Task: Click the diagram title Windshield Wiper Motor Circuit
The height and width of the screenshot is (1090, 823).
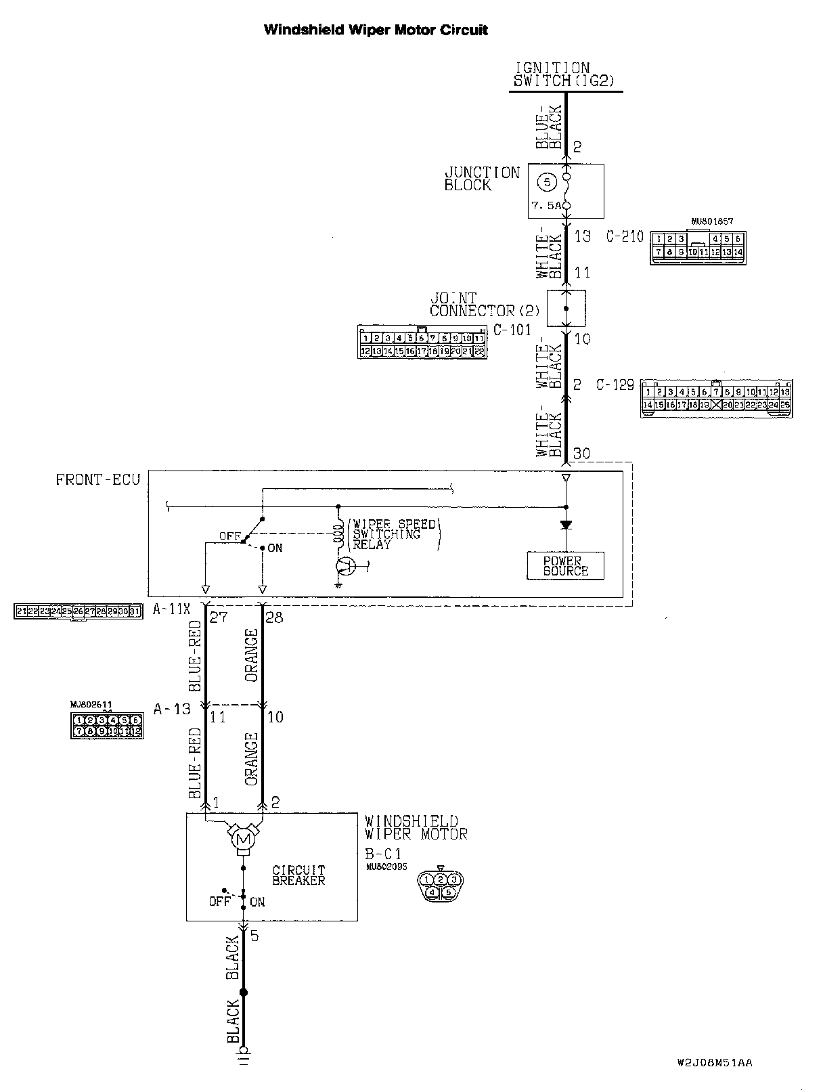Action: (x=376, y=30)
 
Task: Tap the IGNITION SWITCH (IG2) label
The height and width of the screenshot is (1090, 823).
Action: (x=563, y=74)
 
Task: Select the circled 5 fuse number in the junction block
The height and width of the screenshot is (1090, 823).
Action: (x=548, y=181)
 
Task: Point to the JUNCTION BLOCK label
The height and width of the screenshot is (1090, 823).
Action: (x=481, y=179)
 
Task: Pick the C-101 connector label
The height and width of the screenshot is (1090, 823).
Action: (x=512, y=330)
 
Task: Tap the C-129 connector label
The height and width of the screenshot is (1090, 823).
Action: (x=615, y=385)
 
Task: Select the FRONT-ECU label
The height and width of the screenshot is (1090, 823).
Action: (x=98, y=479)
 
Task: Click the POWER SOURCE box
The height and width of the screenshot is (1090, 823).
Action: (x=566, y=566)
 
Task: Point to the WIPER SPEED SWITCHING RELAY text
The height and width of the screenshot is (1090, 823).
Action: (x=394, y=534)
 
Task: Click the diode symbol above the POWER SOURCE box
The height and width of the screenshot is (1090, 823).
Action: (x=566, y=524)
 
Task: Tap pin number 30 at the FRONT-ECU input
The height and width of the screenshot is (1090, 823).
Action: (x=581, y=454)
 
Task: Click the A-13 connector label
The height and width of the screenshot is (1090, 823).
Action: (x=172, y=709)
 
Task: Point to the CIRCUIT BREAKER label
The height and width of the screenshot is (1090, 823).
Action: (x=298, y=875)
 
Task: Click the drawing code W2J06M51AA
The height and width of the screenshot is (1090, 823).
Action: (x=714, y=1062)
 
